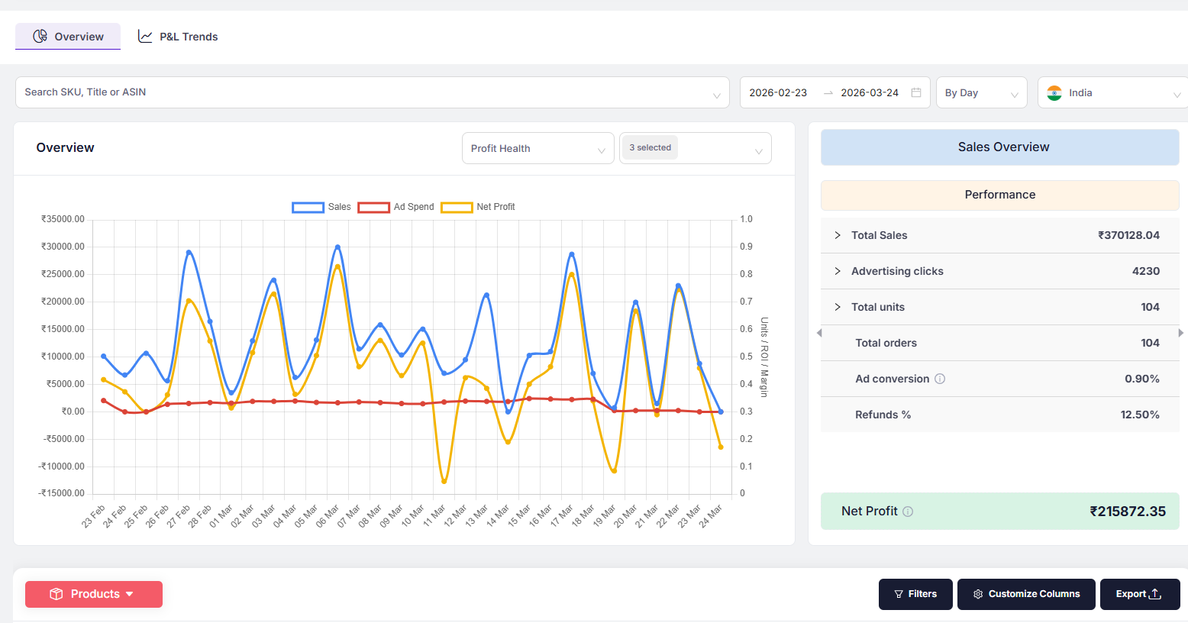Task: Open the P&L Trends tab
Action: pyautogui.click(x=178, y=37)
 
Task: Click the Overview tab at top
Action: pyautogui.click(x=68, y=37)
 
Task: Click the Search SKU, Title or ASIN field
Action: pyautogui.click(x=366, y=92)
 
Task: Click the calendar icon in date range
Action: pyautogui.click(x=916, y=92)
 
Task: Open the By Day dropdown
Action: pyautogui.click(x=981, y=92)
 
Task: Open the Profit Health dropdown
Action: pyautogui.click(x=538, y=148)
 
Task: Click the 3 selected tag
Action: pyautogui.click(x=650, y=147)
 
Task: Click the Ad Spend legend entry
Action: pyautogui.click(x=396, y=207)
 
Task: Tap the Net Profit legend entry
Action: pyautogui.click(x=479, y=207)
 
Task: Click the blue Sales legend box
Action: pyautogui.click(x=308, y=207)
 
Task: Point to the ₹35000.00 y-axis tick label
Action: pyautogui.click(x=63, y=219)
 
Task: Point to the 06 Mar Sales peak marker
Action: pyautogui.click(x=337, y=247)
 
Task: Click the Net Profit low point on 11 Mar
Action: pyautogui.click(x=444, y=481)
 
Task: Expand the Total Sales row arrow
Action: pyautogui.click(x=838, y=235)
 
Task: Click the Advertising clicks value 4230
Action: pyautogui.click(x=1145, y=271)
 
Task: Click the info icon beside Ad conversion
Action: pyautogui.click(x=940, y=379)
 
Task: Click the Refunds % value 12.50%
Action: pyautogui.click(x=1139, y=415)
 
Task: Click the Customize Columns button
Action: pyautogui.click(x=1026, y=594)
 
